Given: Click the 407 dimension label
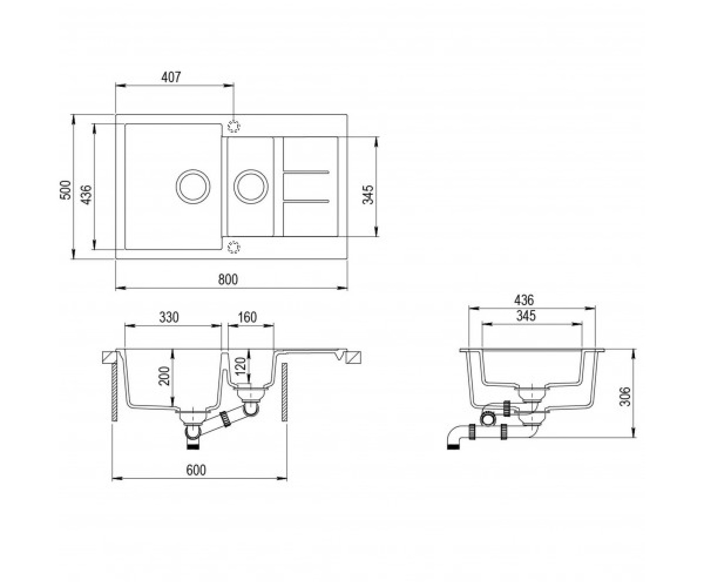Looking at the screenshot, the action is tap(171, 77).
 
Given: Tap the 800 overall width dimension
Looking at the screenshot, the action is tap(228, 279).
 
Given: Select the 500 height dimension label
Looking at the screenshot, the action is tap(65, 190).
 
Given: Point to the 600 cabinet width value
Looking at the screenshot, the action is tap(196, 470).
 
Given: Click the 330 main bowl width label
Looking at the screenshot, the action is tap(168, 317).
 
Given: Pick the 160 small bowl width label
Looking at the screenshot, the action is tap(248, 317).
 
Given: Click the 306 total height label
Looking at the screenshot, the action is tap(625, 396).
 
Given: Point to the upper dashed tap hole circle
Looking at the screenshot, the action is tap(233, 126).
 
